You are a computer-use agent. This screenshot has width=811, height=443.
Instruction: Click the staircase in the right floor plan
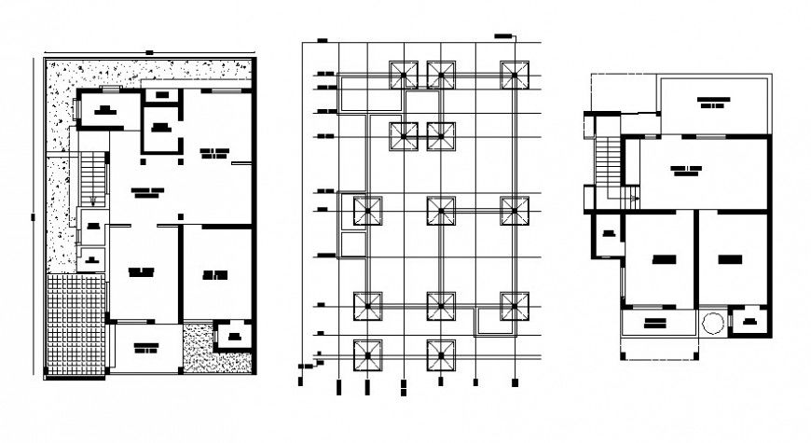coord(607,159)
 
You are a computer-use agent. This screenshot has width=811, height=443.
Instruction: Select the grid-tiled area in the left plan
coord(76,323)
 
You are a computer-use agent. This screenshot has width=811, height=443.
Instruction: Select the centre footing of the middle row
coord(441,211)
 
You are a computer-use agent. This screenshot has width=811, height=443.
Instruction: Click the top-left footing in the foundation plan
coord(404,76)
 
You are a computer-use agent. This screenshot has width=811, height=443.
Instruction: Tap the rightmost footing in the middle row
coord(512,211)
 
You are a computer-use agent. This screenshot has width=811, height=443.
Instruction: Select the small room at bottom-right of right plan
coord(750,323)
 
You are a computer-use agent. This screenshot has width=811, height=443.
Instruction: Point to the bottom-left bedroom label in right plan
coord(664,257)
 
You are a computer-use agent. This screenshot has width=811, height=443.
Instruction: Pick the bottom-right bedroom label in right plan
coord(731,257)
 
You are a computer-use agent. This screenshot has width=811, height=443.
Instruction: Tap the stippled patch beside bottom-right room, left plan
coord(197,346)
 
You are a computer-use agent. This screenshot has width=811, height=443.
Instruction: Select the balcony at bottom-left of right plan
coord(655,323)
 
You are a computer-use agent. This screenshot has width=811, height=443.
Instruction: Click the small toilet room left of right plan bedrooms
coord(608,234)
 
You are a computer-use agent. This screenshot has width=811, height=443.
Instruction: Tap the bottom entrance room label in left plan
coord(145,348)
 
